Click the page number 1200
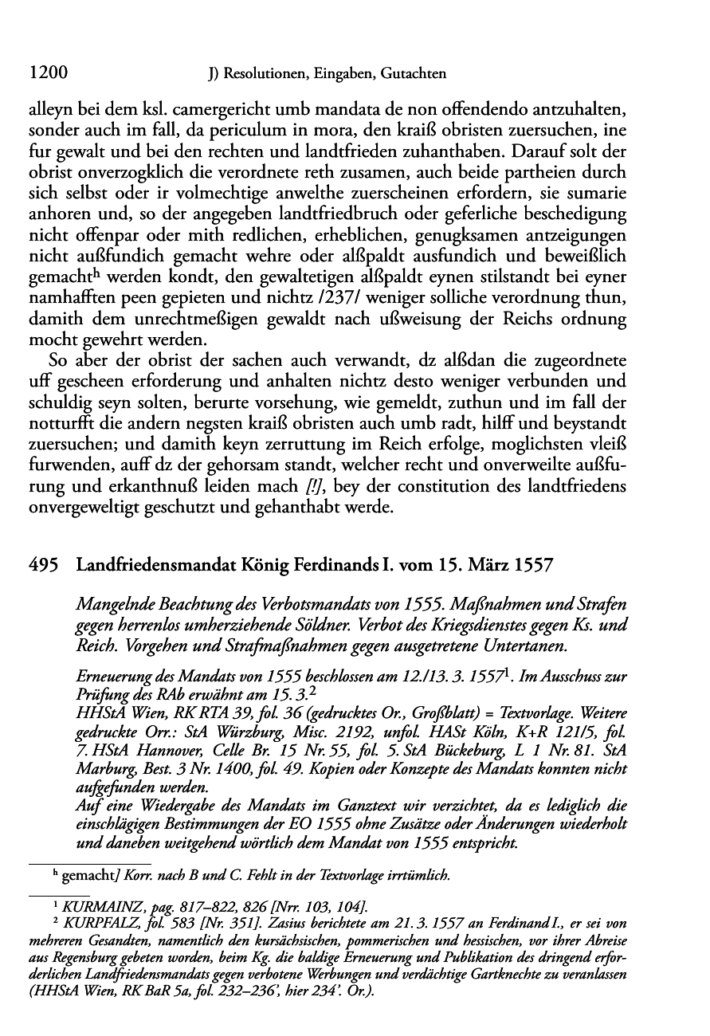click(46, 73)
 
